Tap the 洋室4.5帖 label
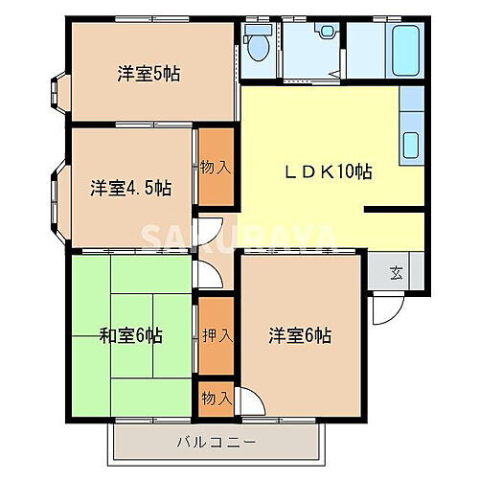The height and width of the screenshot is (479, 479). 132,187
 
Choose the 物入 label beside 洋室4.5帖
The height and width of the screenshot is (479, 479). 215,167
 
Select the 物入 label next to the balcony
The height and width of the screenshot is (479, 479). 216,397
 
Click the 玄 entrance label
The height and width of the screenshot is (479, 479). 396,272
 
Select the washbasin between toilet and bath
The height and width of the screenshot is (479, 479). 329,32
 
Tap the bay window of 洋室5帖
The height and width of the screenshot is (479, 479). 56,93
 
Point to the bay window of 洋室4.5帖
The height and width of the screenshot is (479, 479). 56,196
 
